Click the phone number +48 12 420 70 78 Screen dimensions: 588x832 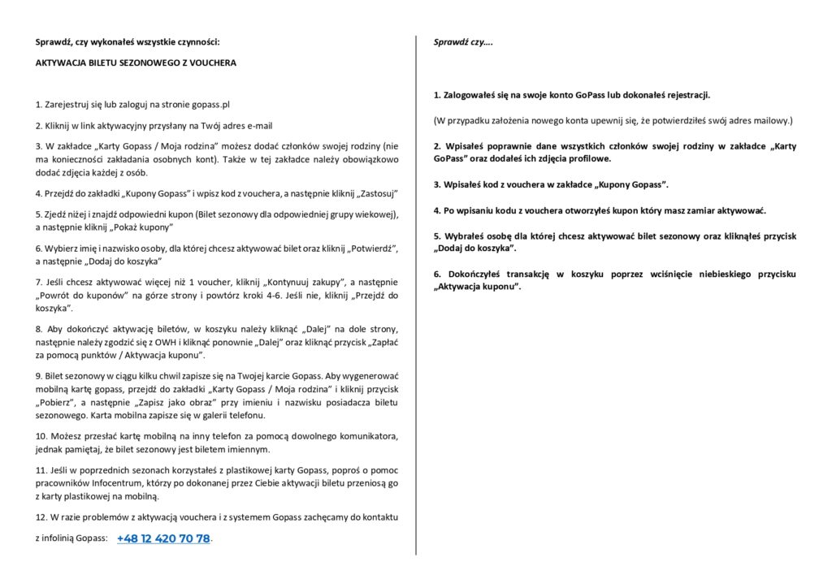163,538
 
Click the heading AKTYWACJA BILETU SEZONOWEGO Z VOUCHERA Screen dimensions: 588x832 136,63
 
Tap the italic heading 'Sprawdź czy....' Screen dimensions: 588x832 462,41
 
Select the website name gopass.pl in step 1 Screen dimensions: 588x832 209,105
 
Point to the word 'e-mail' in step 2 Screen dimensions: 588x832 258,126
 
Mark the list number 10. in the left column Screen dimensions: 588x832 41,436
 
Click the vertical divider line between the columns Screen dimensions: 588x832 416,292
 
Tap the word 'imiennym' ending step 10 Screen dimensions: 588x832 247,449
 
